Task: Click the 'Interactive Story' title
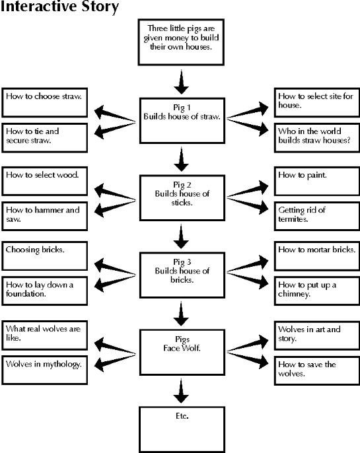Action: pos(59,7)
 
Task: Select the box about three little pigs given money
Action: pos(181,42)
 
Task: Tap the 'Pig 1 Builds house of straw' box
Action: pos(182,120)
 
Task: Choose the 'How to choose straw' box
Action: pos(45,102)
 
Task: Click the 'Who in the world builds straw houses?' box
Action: pos(317,138)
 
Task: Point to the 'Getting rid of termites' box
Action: pos(317,217)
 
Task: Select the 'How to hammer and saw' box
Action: pos(45,217)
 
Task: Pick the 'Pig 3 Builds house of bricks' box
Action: pos(182,275)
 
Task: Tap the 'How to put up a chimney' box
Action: pos(317,291)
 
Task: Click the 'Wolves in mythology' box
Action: pos(45,370)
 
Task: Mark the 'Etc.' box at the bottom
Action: pos(182,430)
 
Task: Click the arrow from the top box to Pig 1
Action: pos(182,82)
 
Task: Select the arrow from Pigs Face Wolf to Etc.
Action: pos(182,391)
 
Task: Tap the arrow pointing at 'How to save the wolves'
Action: pos(248,359)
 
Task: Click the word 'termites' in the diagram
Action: pos(293,219)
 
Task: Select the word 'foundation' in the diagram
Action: pos(26,294)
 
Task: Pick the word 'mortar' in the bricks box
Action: pos(318,250)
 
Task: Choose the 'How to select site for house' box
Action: pos(317,102)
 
